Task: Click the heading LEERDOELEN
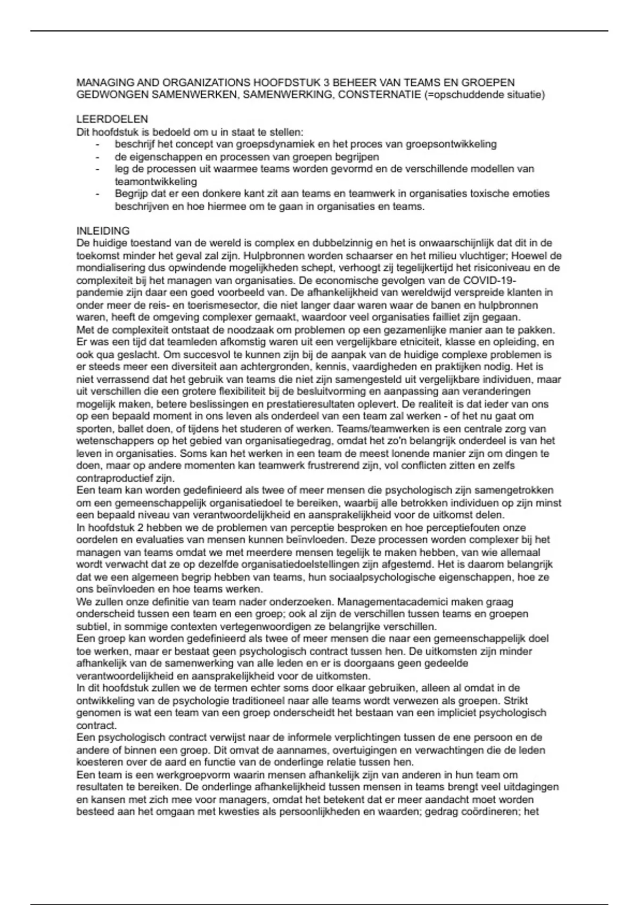coord(112,119)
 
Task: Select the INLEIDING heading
coord(103,231)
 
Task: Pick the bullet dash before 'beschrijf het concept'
coord(97,145)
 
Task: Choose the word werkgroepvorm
coord(168,775)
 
